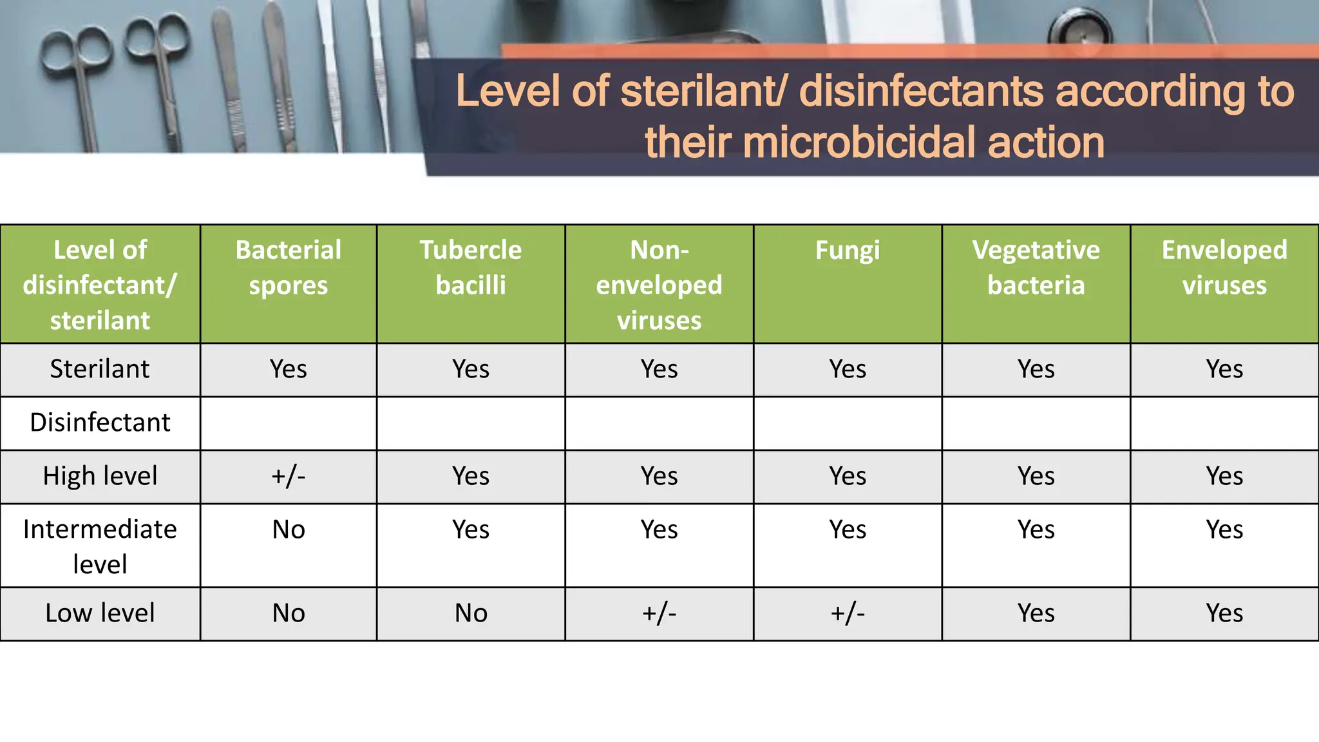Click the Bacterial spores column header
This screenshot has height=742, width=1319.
coord(288,267)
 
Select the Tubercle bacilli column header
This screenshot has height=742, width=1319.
coord(471,267)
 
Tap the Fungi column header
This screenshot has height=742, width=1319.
coord(847,250)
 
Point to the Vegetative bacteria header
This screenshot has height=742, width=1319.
coord(1036,267)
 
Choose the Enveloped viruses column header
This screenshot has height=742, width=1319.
coord(1224,267)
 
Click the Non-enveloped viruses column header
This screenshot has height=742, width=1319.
coord(659,285)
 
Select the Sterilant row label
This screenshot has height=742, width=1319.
coord(100,369)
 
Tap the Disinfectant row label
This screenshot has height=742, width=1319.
coord(100,423)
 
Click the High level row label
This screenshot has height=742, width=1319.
coord(100,476)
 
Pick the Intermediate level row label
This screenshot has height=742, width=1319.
coord(100,546)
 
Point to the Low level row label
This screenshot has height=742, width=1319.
coord(100,613)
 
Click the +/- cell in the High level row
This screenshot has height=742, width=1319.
coord(288,476)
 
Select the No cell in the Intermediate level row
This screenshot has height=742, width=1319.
coord(288,529)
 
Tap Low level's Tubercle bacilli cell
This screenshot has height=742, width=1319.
coord(471,613)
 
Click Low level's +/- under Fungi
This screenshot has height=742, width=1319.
coord(847,613)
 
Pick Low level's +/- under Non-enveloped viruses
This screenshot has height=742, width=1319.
coord(659,613)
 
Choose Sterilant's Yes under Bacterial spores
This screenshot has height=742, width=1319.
coord(288,369)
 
